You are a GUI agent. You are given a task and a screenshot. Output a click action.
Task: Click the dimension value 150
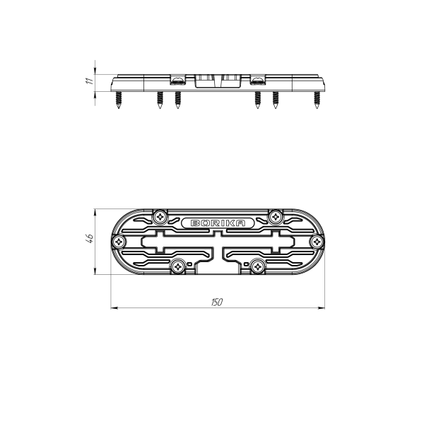coord(217,302)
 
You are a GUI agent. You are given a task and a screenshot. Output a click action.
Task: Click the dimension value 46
coord(90,238)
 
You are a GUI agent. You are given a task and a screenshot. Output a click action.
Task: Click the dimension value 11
coord(90,81)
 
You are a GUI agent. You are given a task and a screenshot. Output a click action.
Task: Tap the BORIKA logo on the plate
coord(218,223)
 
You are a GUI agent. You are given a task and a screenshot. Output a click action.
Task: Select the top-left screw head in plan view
coord(160,217)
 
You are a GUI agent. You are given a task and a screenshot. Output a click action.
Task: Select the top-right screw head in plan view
coord(276,217)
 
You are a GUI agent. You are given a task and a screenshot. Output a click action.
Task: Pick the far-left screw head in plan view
coord(119,242)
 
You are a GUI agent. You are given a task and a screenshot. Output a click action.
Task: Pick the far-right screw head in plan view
coord(317,242)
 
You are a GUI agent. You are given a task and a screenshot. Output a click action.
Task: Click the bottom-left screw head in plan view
coord(178,267)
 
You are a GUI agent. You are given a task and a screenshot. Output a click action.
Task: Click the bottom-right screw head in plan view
coord(258,267)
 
